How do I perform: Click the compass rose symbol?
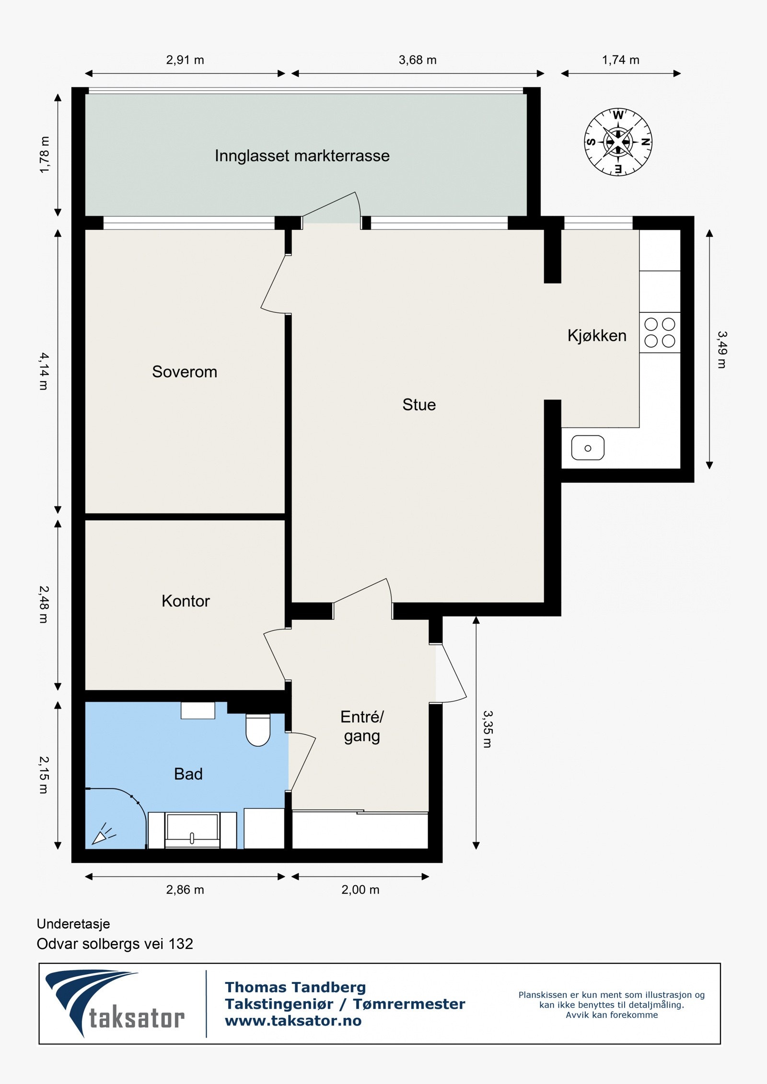click(618, 142)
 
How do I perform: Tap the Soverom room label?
click(185, 372)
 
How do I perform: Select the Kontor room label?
click(186, 601)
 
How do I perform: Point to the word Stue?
click(419, 405)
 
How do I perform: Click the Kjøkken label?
click(597, 335)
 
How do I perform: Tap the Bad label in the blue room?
click(188, 774)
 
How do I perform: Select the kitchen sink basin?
click(588, 448)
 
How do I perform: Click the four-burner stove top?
click(660, 332)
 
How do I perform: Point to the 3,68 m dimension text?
click(418, 60)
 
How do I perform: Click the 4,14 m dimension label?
click(44, 371)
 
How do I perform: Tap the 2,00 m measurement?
click(360, 890)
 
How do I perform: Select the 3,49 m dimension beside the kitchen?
click(722, 350)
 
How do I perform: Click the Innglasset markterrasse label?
click(302, 156)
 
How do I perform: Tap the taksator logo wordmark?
click(137, 1018)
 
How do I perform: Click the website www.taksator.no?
click(293, 1021)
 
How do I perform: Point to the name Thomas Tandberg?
click(295, 987)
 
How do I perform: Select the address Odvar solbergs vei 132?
click(115, 944)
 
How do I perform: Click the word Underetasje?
click(73, 924)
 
